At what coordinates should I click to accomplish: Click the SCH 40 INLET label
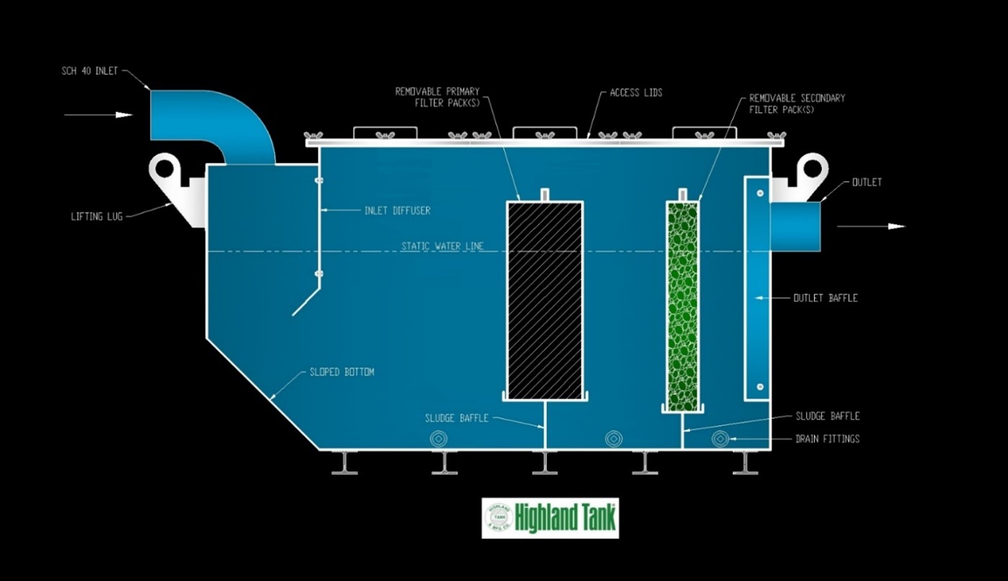[x=89, y=71]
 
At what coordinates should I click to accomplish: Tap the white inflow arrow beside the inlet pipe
[x=98, y=115]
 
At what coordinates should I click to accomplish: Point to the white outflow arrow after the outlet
[x=871, y=226]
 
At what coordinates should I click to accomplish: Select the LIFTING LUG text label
[x=97, y=216]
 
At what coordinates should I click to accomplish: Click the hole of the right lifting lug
[x=812, y=169]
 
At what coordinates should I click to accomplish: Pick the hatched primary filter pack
[x=545, y=300]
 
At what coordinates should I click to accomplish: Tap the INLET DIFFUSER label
[x=397, y=210]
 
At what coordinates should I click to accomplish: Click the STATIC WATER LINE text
[x=442, y=246]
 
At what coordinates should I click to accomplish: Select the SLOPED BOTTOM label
[x=342, y=372]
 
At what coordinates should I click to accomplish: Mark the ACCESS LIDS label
[x=636, y=93]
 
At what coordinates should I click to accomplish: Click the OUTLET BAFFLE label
[x=825, y=297]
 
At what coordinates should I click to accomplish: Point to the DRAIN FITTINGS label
[x=827, y=439]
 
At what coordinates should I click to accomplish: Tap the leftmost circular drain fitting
[x=438, y=439]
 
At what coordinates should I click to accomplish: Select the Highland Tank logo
[x=550, y=517]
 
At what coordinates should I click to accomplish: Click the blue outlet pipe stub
[x=795, y=227]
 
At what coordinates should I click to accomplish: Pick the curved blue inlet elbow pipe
[x=216, y=119]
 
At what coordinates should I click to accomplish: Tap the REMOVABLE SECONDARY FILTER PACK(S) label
[x=797, y=103]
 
